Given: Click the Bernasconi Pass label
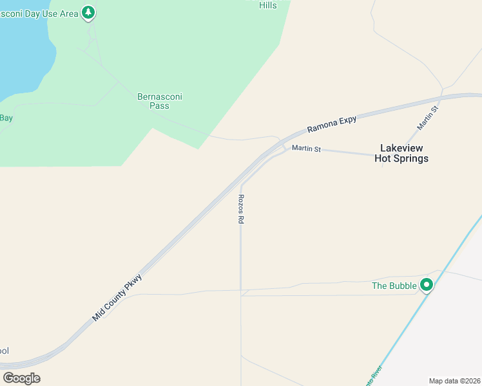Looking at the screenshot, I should pos(160,101).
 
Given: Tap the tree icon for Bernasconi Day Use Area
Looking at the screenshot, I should pos(89,13).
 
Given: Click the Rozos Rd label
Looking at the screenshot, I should pos(241,209).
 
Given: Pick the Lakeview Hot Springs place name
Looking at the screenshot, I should pos(401,153).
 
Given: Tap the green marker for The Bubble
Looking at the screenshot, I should pos(426,284).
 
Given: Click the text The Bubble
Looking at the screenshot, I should pos(394,286).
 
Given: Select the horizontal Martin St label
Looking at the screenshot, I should pos(306,149).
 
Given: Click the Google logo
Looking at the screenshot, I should pos(21,378).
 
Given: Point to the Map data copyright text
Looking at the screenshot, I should pos(455,381).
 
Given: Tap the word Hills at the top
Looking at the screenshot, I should pos(267,5).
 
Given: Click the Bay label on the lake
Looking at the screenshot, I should pos(6,118).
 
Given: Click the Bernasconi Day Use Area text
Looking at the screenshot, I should pos(39,14).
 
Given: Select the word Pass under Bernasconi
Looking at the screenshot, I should pos(159,106).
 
